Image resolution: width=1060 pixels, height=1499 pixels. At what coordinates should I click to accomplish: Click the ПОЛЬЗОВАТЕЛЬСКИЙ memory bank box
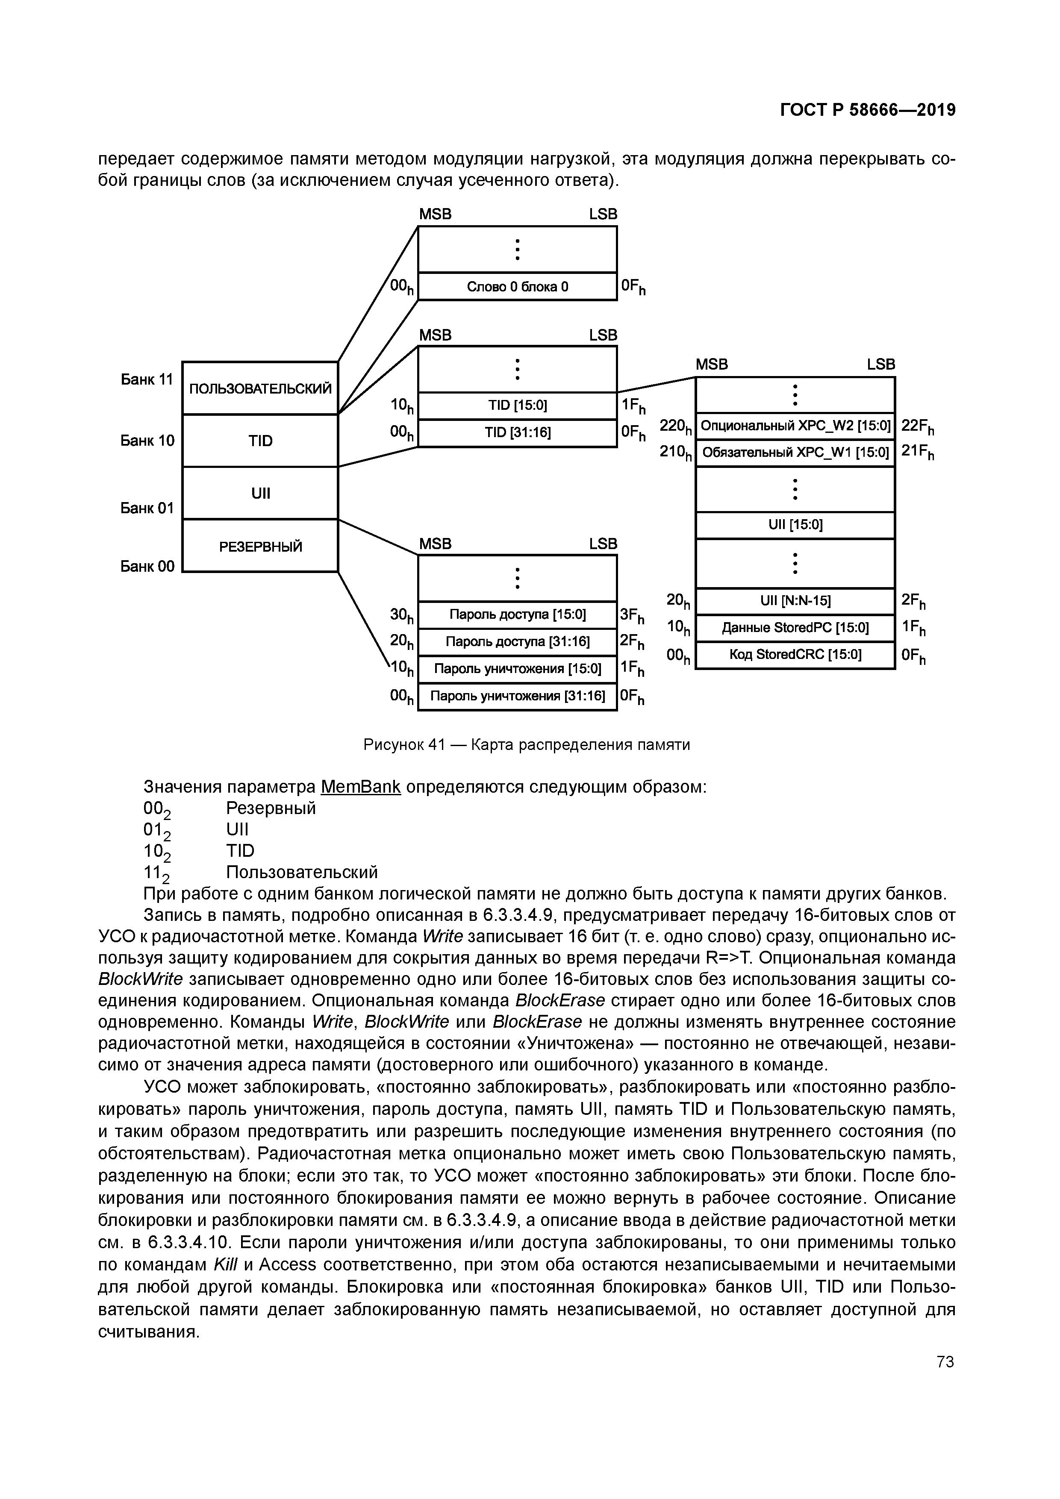pos(260,388)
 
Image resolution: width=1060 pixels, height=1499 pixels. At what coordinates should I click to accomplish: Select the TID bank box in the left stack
pos(260,441)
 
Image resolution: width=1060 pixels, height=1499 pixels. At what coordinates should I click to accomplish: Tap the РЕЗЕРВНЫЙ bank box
pos(260,546)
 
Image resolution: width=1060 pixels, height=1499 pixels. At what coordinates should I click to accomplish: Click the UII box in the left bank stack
pos(260,493)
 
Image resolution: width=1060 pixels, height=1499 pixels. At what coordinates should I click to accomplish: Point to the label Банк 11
pos(147,379)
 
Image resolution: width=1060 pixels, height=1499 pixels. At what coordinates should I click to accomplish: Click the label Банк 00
pos(147,566)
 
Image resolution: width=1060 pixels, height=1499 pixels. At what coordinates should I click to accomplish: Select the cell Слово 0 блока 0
pos(517,287)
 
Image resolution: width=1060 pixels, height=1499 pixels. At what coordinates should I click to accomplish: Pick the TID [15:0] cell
pos(517,406)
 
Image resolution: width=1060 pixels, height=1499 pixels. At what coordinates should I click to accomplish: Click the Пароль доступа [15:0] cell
pos(517,614)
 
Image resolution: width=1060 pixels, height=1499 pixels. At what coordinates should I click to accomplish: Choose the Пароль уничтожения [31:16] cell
pos(517,697)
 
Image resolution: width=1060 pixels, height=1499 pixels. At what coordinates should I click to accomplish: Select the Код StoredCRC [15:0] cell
pos(795,655)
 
